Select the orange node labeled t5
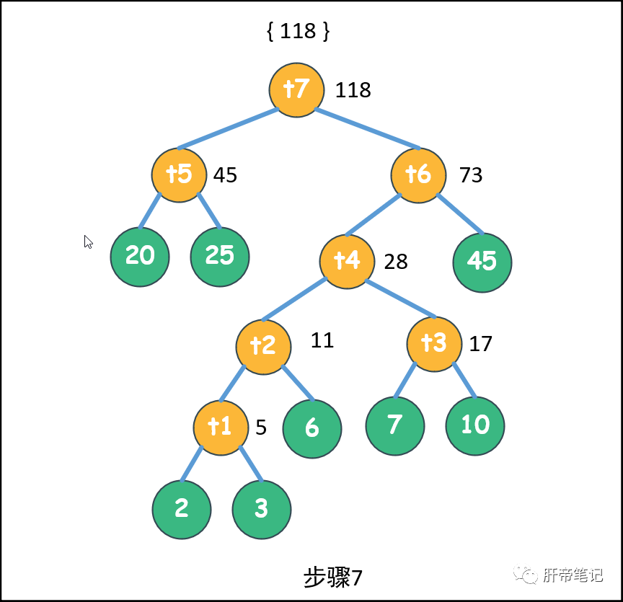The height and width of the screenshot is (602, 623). pos(179,174)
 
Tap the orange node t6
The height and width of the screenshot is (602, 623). pos(419,174)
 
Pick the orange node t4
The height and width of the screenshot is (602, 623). pos(348,260)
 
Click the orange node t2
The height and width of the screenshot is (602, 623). pos(263,346)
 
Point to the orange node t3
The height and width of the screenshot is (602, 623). pos(434,344)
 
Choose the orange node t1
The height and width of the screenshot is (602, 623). pos(221,428)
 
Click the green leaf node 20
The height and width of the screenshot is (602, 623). pos(140,257)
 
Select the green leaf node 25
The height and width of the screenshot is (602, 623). pos(220,257)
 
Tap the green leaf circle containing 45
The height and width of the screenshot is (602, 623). pos(482,262)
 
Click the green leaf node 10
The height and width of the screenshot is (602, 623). pos(475,425)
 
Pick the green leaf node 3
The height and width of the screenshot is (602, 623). pos(262,509)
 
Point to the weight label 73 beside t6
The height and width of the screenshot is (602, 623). pos(471,175)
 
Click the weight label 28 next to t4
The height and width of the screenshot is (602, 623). pos(396,262)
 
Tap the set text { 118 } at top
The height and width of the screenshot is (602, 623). pos(298,32)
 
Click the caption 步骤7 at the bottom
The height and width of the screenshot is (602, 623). pos(332,577)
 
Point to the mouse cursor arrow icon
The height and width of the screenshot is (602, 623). pos(88,242)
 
